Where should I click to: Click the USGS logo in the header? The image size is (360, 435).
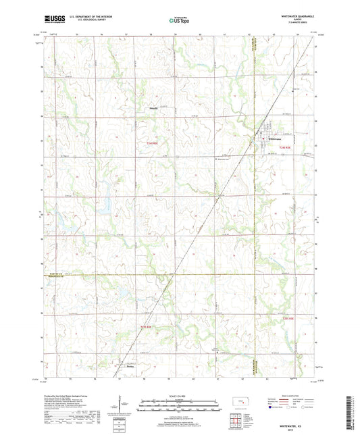[x=55, y=20]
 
